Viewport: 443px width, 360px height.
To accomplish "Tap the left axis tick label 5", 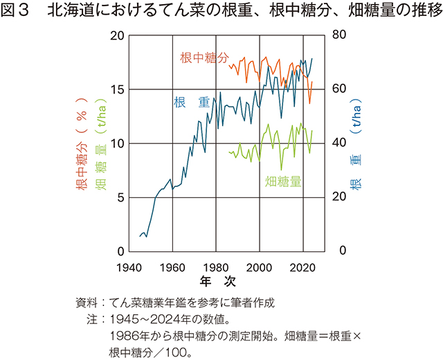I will coord(120,197).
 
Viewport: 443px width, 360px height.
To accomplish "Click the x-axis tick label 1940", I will coord(129,267).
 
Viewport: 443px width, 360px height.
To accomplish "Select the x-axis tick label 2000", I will coord(260,267).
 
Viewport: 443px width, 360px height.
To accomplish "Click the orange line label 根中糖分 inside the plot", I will coord(204,59).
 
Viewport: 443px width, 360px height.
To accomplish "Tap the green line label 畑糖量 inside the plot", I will coord(283,182).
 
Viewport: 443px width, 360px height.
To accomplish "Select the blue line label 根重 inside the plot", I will coord(191,102).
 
